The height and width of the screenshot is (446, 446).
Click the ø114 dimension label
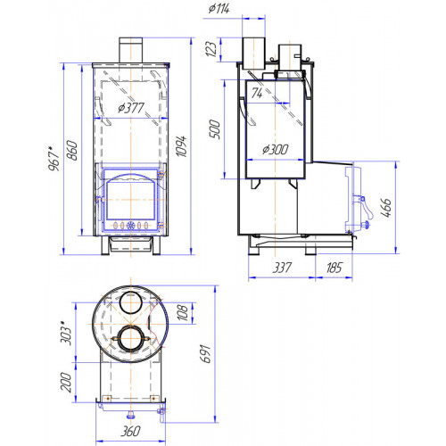click(x=219, y=9)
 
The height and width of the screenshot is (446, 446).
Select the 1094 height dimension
click(x=181, y=146)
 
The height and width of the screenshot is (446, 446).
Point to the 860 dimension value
click(x=73, y=151)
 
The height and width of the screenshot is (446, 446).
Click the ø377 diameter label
click(x=131, y=108)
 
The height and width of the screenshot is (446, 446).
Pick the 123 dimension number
click(x=211, y=49)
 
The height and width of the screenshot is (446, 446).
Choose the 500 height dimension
click(x=215, y=129)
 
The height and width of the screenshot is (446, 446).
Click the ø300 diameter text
click(x=276, y=149)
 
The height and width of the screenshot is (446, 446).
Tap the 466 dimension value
click(x=386, y=208)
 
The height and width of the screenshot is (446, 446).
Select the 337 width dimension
click(x=282, y=268)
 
